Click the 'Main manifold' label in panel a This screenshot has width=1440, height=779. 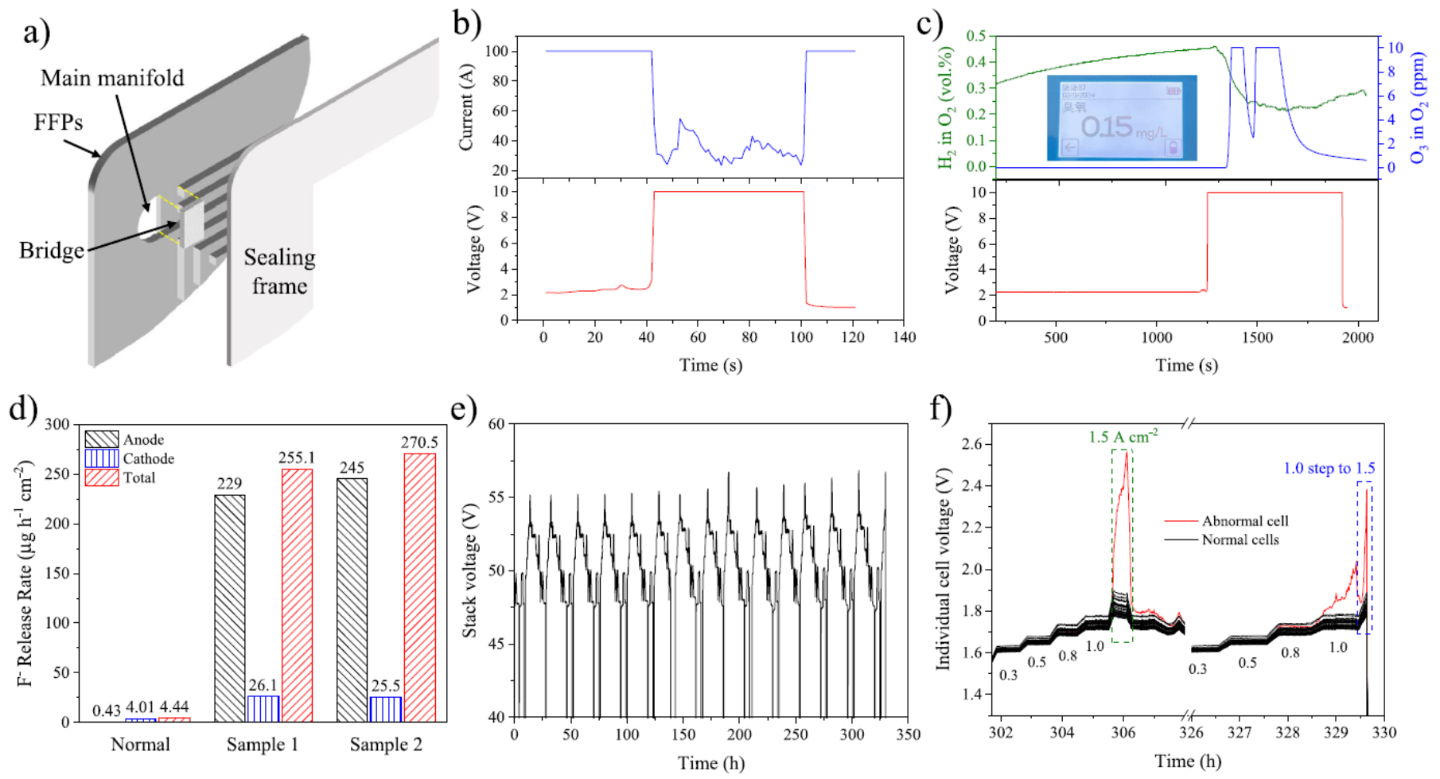[112, 78]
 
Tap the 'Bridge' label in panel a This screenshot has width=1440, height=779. [52, 251]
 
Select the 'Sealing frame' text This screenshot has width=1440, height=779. [279, 271]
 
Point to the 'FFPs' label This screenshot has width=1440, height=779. [58, 122]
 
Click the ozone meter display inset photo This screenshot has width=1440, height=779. [1122, 118]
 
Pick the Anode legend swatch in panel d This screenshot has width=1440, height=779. [102, 439]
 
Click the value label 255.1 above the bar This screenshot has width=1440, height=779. [297, 458]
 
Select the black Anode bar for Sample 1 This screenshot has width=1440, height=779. [230, 608]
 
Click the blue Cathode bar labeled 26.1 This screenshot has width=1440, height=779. [263, 708]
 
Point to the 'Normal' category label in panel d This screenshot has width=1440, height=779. [140, 745]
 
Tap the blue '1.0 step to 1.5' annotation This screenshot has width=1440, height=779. [1329, 469]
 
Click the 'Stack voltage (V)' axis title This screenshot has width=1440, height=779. [469, 570]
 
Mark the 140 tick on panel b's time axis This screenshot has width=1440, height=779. [905, 337]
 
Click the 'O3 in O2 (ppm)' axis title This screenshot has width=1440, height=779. [1418, 107]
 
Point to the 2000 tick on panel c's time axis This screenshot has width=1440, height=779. [1358, 337]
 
